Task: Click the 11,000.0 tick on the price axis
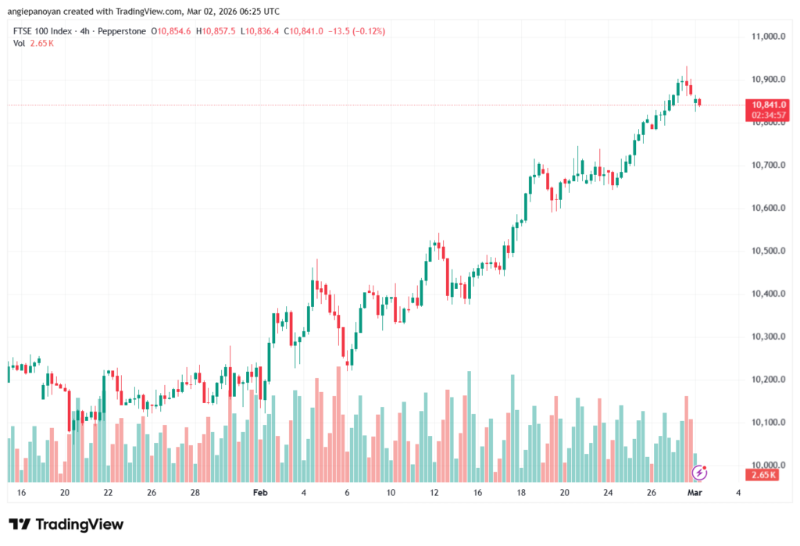(768, 37)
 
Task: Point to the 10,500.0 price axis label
(768, 251)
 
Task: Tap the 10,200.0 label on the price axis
(768, 380)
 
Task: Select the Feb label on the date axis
(262, 494)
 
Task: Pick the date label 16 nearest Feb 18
(477, 494)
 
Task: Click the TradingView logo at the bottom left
(66, 524)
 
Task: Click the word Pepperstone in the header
(128, 31)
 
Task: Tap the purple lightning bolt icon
(700, 472)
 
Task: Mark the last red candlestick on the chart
(700, 102)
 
